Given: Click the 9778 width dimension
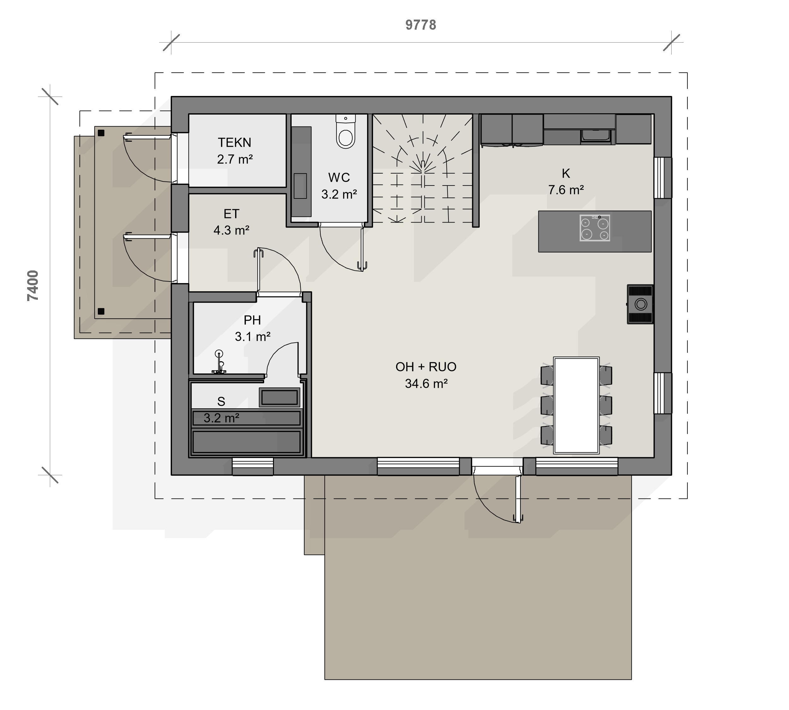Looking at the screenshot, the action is pos(421,25).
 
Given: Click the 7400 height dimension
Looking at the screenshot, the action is pos(33,285).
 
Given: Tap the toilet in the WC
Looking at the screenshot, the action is pos(346,132).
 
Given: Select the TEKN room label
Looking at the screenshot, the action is pos(234,142).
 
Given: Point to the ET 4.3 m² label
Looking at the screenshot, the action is pos(231,222).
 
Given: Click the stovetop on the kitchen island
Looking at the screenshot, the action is pos(595,228).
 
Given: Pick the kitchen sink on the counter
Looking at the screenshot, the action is pos(595,136).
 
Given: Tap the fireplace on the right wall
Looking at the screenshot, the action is pos(640,304).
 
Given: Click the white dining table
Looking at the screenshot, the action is pos(576,405).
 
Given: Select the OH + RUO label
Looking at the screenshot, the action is pos(426,367).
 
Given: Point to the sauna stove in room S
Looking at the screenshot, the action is pos(279,397).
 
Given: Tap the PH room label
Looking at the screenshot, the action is pos(252,320).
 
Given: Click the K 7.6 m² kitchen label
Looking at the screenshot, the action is pos(566,181).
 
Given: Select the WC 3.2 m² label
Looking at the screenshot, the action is pos(339,186).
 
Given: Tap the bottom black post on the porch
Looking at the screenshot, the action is pos(101,311).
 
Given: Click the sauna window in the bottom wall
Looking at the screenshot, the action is pos(253,467).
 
